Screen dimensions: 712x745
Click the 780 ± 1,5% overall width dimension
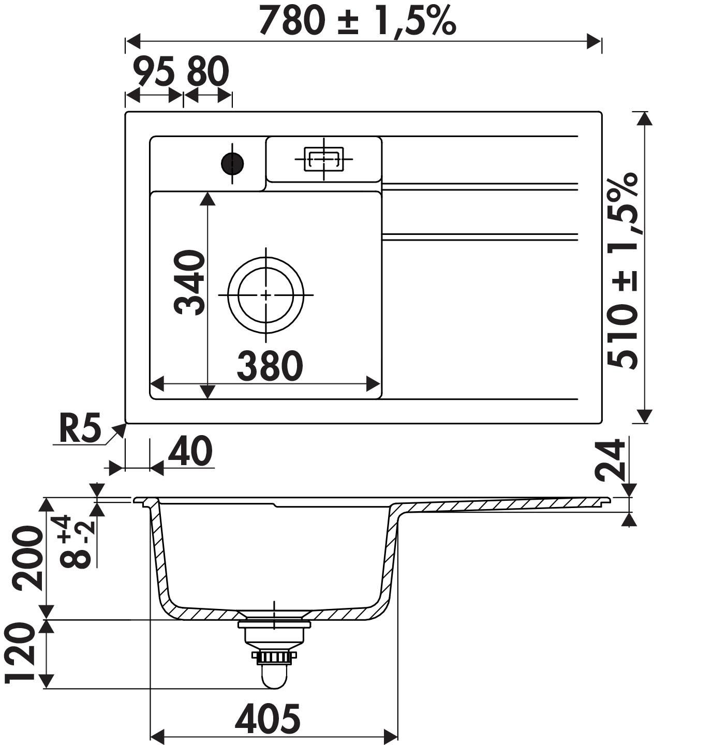coord(357,20)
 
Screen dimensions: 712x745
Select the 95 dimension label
coord(154,71)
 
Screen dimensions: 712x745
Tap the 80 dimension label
coord(208,71)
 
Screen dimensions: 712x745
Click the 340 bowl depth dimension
coord(189,282)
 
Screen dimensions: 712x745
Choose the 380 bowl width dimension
coord(270,366)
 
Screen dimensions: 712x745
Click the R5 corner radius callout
coord(80,428)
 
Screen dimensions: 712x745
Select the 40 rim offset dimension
coord(190,451)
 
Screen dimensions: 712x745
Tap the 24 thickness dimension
coord(610,460)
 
